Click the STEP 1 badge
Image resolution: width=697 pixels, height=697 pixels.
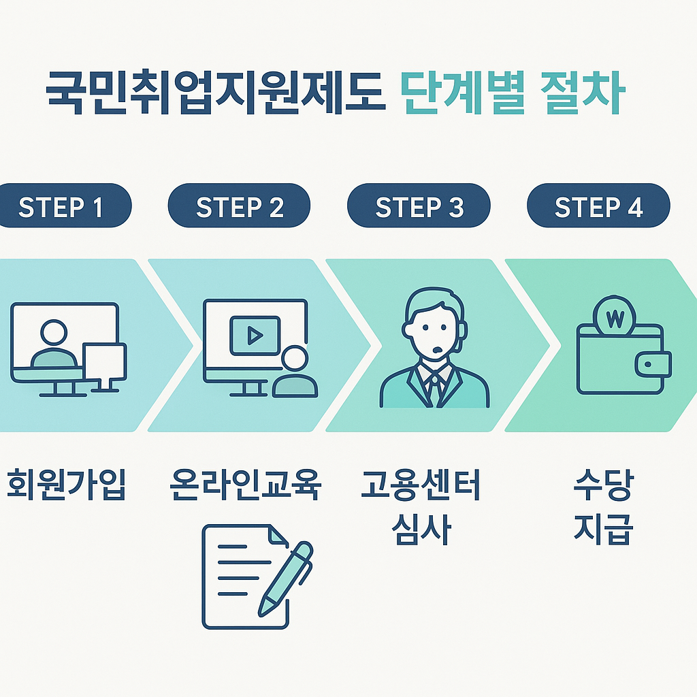61,206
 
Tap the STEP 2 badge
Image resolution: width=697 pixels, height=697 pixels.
239,206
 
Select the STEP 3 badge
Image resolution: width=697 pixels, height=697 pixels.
419,206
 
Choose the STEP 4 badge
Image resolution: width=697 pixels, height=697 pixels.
598,206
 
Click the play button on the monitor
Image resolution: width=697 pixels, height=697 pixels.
255,335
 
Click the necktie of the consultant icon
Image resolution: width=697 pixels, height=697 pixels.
433,388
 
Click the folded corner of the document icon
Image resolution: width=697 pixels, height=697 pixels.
278,534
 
